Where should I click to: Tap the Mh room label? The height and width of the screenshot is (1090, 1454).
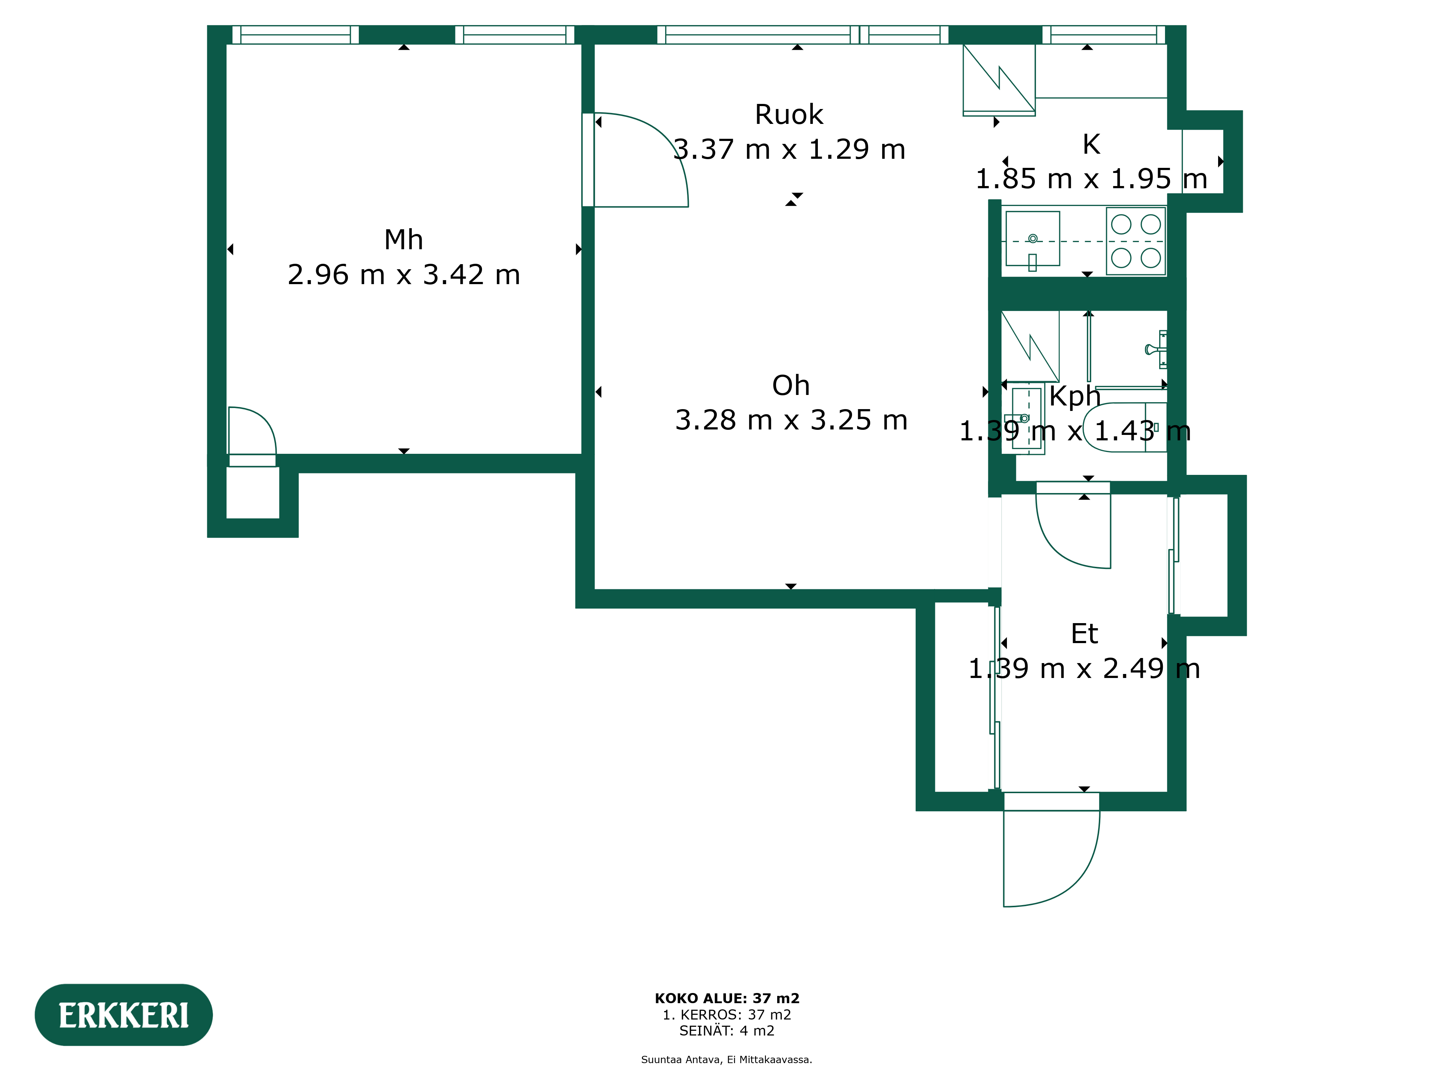[x=403, y=240]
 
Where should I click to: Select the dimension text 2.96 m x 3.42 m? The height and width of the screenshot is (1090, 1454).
[x=403, y=275]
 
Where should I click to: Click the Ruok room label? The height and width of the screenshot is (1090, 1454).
[x=789, y=114]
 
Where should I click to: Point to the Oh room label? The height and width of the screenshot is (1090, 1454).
[x=791, y=385]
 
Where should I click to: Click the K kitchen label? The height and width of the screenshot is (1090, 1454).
[x=1091, y=145]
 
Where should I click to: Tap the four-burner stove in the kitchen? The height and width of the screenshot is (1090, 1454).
[x=1136, y=241]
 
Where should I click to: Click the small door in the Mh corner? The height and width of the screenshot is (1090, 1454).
[x=252, y=430]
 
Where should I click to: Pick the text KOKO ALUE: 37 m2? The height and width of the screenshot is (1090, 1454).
[x=727, y=999]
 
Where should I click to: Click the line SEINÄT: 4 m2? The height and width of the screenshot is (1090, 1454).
[x=727, y=1031]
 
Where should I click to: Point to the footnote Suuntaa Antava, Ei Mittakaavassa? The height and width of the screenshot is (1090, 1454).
[x=727, y=1060]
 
